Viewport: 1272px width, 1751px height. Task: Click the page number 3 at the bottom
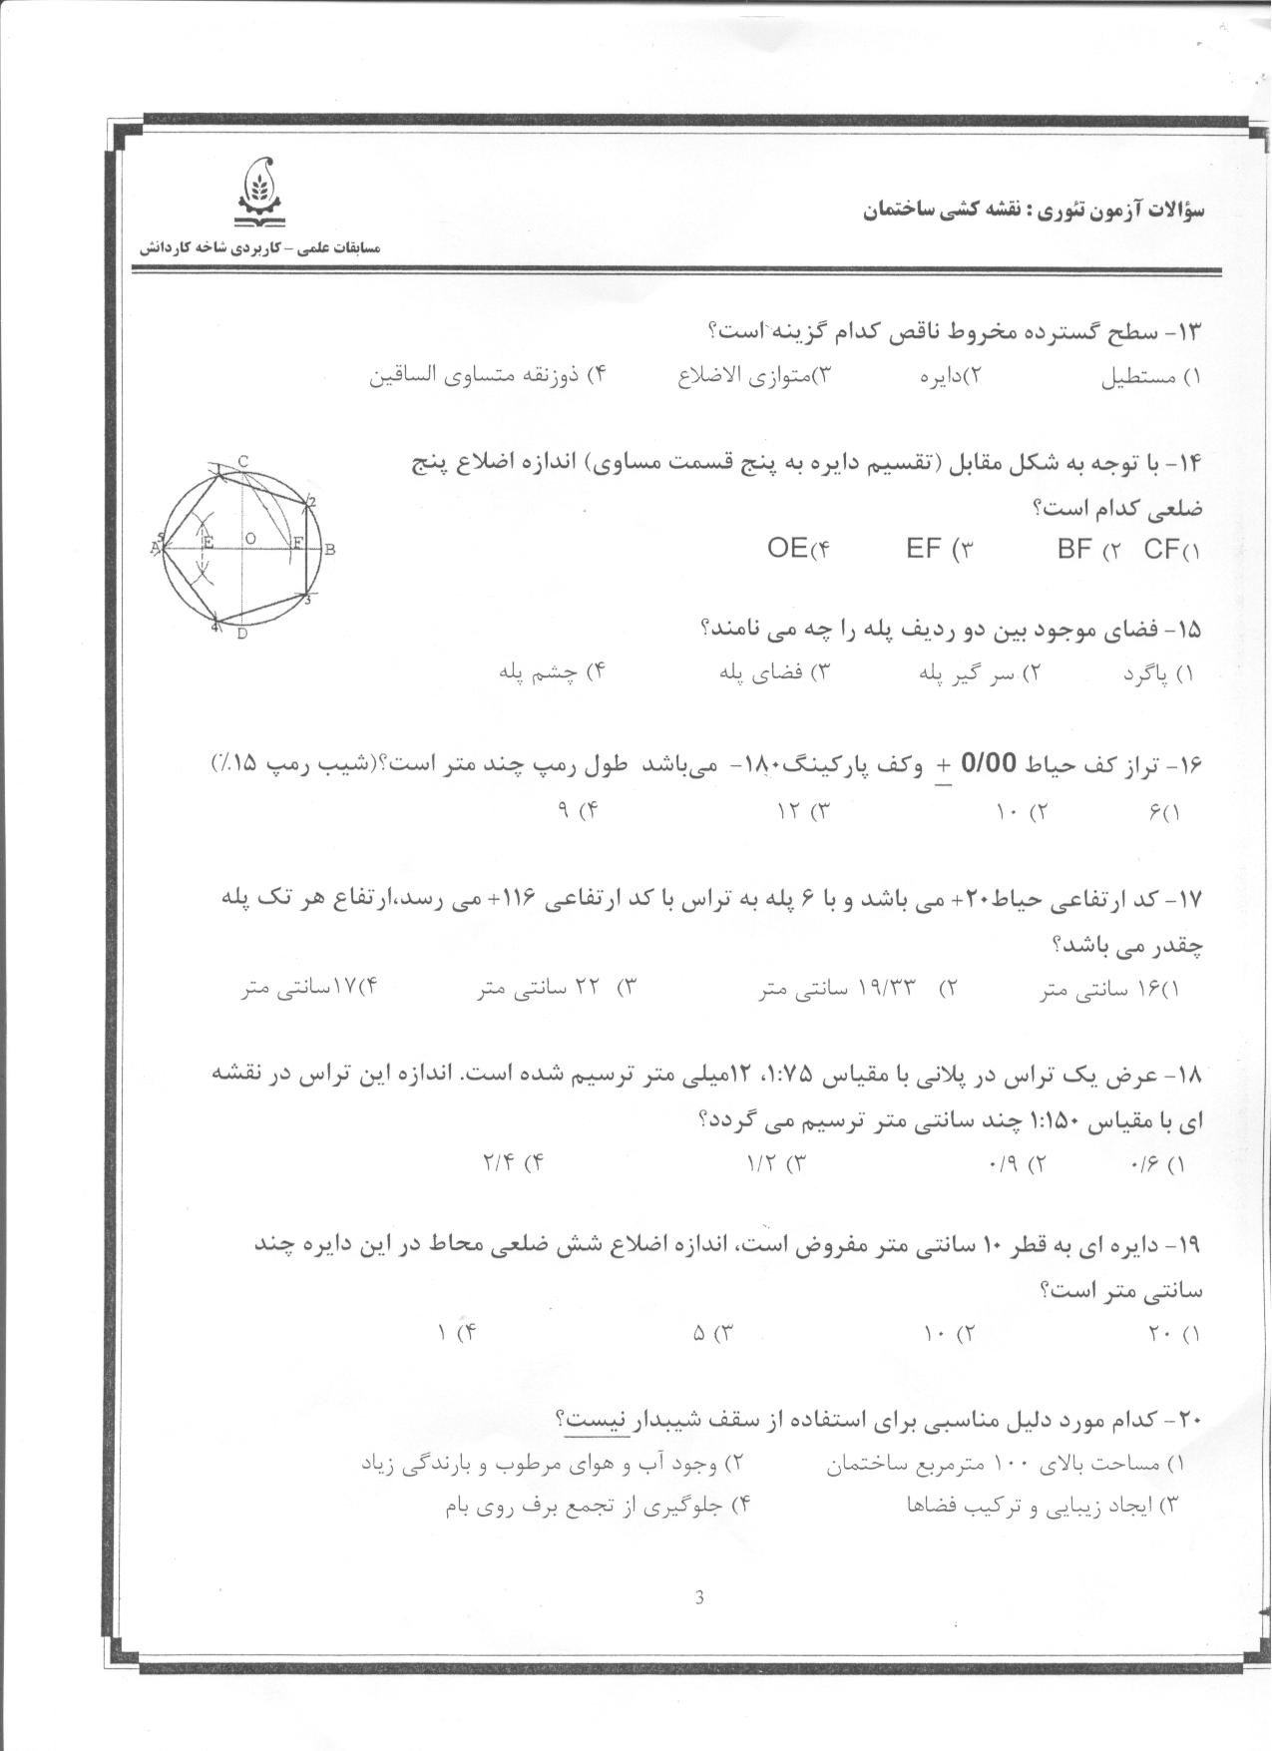[x=698, y=1597]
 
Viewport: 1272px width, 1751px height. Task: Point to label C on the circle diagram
[x=242, y=461]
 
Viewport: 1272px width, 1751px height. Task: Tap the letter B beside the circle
[x=329, y=549]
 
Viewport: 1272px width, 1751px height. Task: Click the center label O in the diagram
[x=250, y=538]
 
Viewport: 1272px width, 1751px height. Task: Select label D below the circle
[x=241, y=634]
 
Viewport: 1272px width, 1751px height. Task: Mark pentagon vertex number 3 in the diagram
[x=308, y=601]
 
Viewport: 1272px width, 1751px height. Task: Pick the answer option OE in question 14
[x=787, y=548]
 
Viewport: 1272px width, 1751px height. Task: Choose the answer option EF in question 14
[x=925, y=548]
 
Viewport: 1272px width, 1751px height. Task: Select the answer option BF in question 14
[x=1075, y=548]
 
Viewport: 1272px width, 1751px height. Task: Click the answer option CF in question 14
[x=1162, y=548]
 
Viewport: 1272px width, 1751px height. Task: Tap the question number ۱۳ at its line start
[x=1191, y=331]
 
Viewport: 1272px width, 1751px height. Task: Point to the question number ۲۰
[x=1189, y=1419]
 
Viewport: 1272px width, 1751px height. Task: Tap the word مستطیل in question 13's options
[x=1131, y=378]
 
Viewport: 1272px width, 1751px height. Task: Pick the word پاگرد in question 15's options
[x=1146, y=673]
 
